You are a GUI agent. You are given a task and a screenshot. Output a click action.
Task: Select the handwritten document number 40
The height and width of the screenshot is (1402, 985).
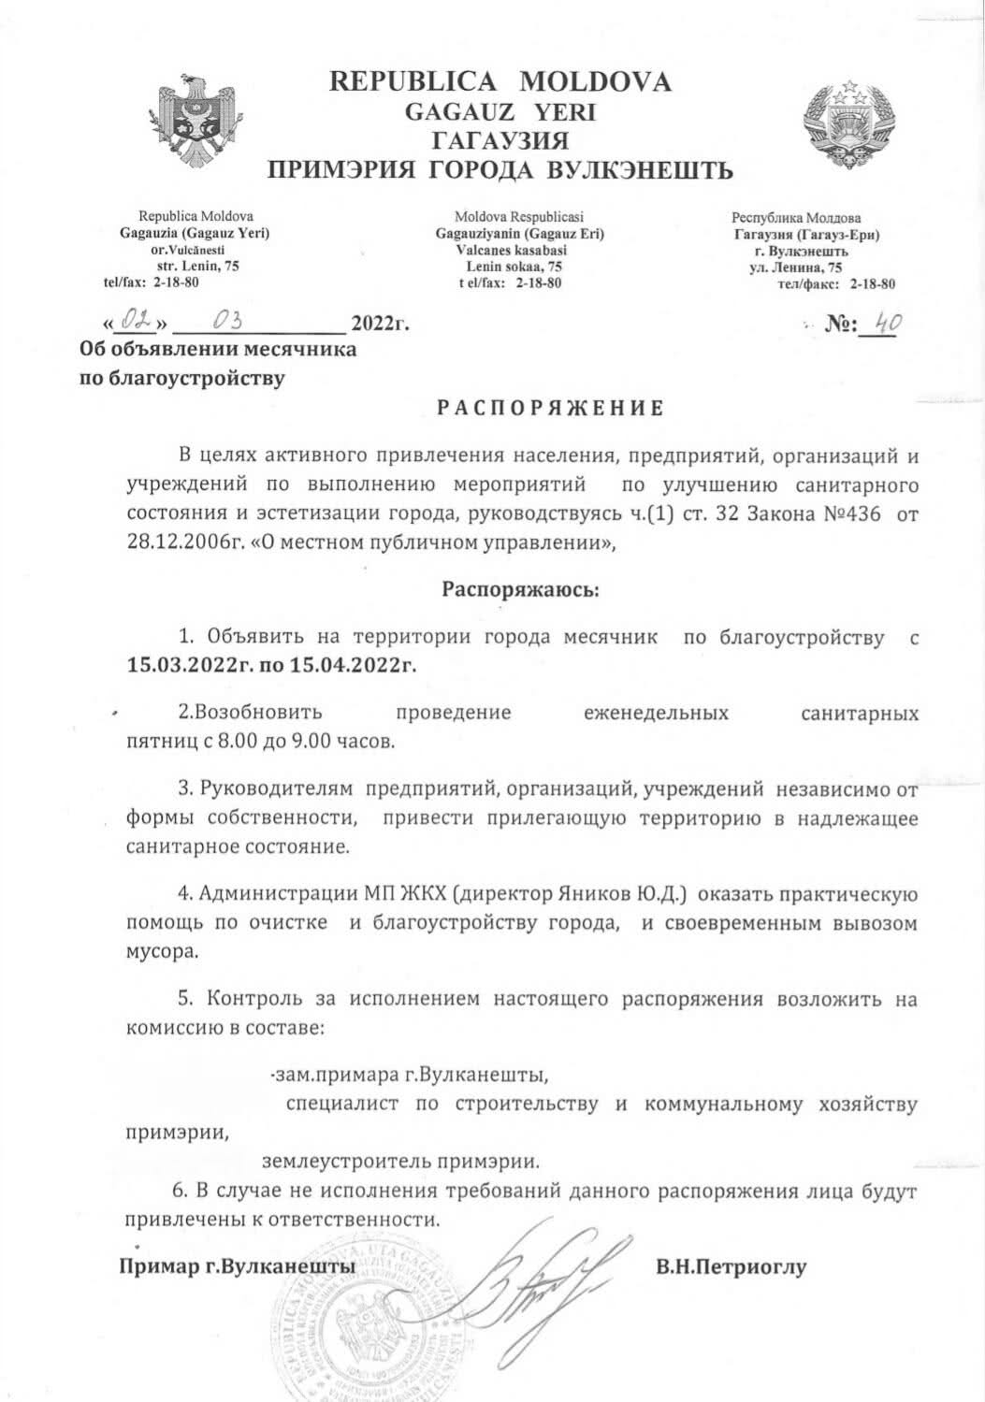880,324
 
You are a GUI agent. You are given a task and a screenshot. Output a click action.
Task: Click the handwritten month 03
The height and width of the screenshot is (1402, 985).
227,324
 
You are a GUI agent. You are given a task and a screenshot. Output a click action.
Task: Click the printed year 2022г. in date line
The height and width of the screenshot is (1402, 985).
380,325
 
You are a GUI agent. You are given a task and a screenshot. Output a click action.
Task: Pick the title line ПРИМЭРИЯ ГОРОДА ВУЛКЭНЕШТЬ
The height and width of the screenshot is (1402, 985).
500,170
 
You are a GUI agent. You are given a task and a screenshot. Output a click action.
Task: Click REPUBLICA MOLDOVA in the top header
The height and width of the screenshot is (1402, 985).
500,82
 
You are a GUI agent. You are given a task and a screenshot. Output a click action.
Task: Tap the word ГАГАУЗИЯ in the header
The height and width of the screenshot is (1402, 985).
500,141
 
